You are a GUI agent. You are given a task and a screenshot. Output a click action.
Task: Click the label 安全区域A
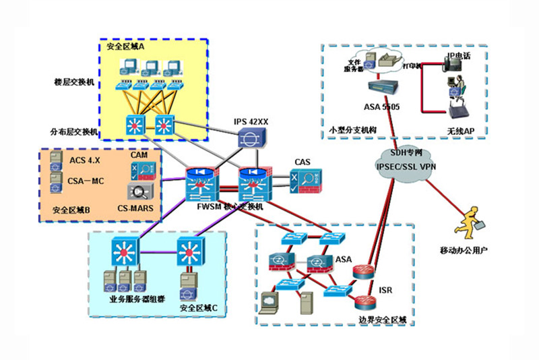126,47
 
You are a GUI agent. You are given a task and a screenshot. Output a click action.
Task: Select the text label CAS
303,162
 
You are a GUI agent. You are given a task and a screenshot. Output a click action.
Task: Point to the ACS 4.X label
85,160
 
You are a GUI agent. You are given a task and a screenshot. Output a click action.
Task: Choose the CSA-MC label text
86,180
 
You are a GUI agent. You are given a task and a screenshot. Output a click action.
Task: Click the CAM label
139,155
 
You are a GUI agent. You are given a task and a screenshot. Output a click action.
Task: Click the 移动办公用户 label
464,250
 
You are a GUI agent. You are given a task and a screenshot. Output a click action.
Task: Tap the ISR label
385,291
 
